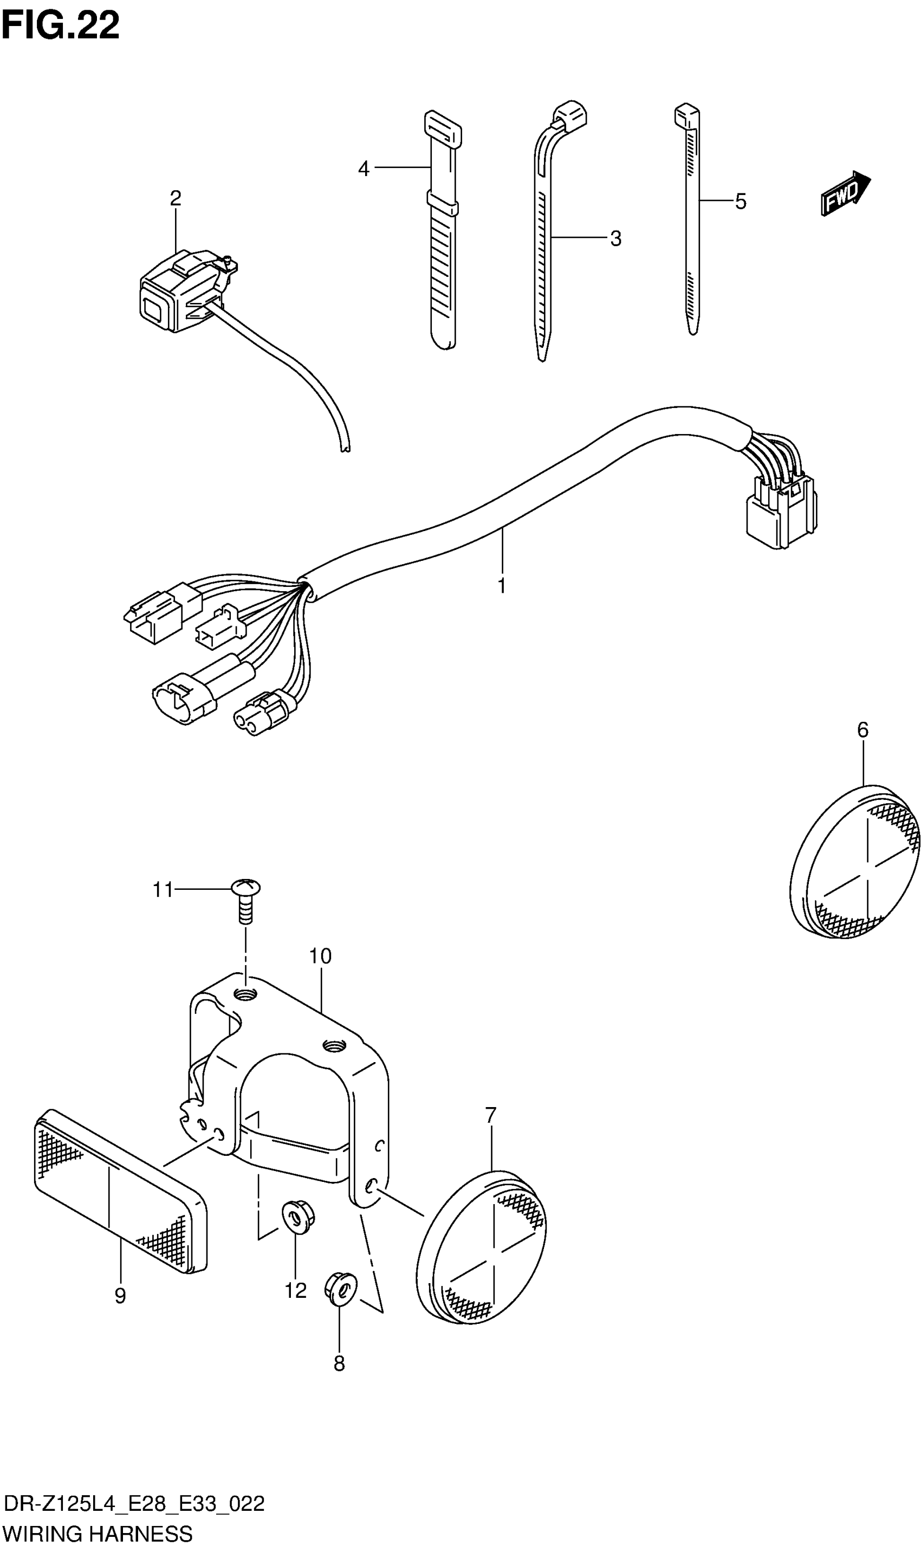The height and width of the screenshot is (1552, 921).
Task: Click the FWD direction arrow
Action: [845, 193]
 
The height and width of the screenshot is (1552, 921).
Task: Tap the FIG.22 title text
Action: [60, 26]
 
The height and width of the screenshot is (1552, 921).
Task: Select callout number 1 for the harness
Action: [502, 585]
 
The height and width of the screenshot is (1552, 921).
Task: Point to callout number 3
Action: [615, 238]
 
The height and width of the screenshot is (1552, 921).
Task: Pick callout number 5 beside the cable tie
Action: [741, 202]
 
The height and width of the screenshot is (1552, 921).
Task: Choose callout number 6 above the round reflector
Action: [862, 730]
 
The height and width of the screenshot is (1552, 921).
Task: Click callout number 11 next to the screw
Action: [163, 890]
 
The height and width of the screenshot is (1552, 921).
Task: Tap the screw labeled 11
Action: [246, 899]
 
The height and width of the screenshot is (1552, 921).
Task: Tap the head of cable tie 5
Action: [686, 115]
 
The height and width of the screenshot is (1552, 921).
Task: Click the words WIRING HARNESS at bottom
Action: [98, 1534]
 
